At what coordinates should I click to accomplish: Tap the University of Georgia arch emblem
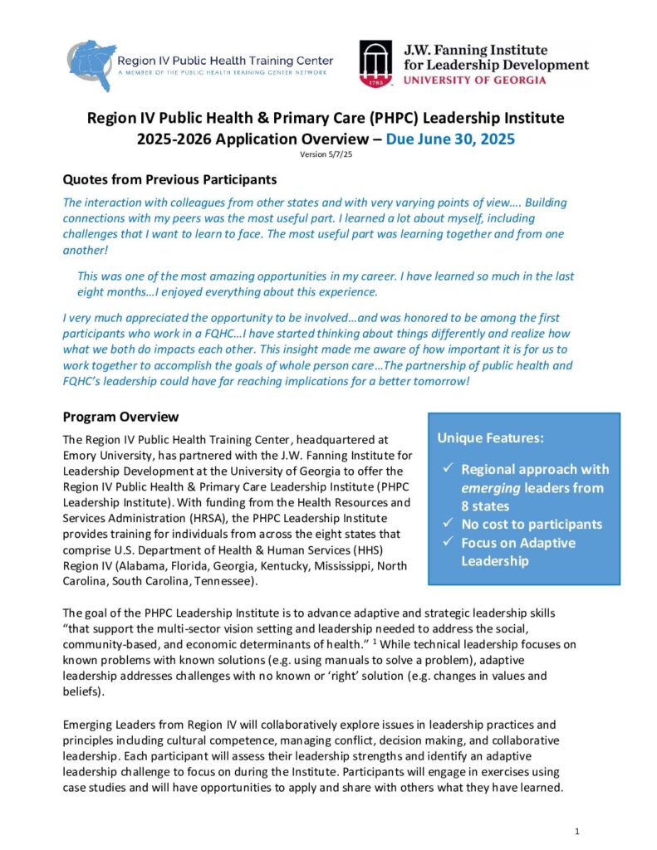click(x=375, y=64)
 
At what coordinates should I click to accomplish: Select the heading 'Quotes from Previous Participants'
click(x=169, y=179)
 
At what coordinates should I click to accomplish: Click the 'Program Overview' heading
click(x=120, y=417)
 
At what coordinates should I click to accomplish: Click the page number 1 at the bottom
click(x=577, y=830)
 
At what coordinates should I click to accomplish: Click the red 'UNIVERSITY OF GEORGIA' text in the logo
click(x=474, y=81)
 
